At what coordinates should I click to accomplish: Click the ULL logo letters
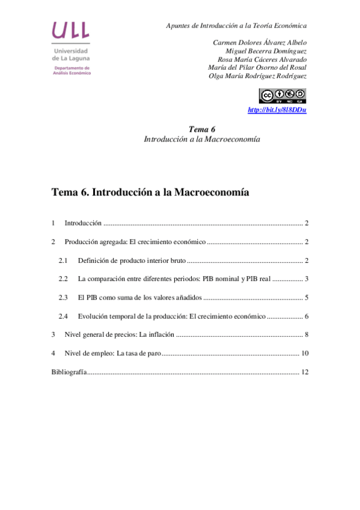click(x=71, y=29)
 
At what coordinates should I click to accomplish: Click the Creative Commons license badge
click(x=282, y=96)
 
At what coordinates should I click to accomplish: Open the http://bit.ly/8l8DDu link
click(x=277, y=110)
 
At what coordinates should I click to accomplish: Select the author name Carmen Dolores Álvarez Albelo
click(x=260, y=43)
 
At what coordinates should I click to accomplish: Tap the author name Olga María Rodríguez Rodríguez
click(x=257, y=76)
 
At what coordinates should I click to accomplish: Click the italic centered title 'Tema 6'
click(x=202, y=129)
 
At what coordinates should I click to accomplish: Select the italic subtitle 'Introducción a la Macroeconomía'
click(x=202, y=139)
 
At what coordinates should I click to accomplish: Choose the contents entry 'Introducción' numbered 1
click(x=83, y=223)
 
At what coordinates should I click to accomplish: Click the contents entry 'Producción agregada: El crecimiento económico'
click(x=135, y=242)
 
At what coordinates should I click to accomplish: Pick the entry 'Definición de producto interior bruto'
click(x=132, y=260)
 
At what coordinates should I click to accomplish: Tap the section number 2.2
click(x=63, y=279)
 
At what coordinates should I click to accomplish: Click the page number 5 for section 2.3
click(x=306, y=298)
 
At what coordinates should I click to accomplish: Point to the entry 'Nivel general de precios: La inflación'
click(x=120, y=335)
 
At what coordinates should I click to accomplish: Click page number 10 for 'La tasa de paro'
click(x=305, y=354)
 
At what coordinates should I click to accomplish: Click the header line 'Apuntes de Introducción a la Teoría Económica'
click(x=236, y=26)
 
